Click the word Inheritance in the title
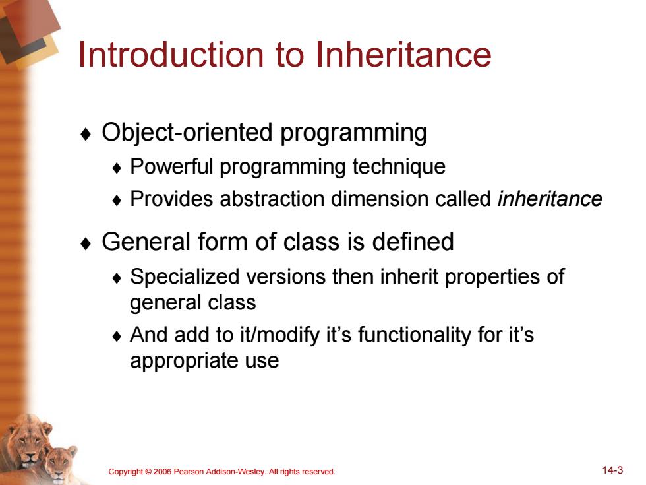pos(403,54)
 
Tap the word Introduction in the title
pos(171,54)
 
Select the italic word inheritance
pos(550,199)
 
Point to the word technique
pos(399,167)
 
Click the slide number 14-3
pos(612,470)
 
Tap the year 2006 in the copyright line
pos(162,472)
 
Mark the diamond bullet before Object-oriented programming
pos(86,134)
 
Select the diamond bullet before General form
pos(86,243)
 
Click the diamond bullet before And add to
pos(117,336)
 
